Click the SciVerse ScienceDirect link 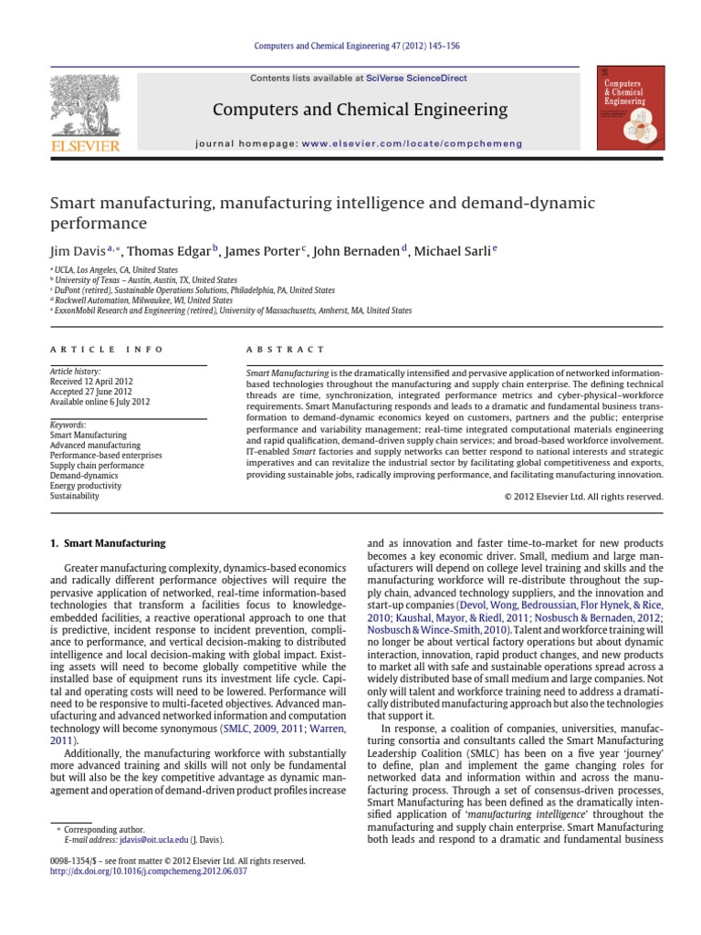click(x=416, y=79)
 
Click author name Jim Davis click(x=77, y=251)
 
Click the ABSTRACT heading click(x=286, y=350)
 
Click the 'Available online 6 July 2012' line click(x=100, y=402)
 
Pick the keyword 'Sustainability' click(x=75, y=497)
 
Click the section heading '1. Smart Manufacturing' click(x=107, y=543)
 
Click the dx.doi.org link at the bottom click(x=149, y=871)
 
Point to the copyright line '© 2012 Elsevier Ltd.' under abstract click(x=584, y=497)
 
